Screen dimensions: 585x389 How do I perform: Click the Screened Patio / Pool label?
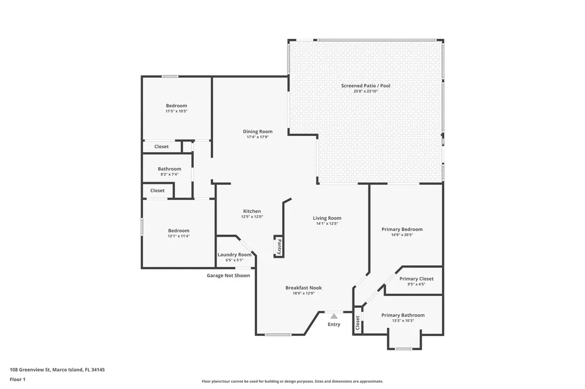tap(366, 86)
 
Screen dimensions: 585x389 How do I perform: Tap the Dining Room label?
tap(258, 131)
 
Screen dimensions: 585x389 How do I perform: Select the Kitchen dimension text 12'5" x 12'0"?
tap(252, 217)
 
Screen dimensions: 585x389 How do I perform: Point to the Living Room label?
tap(327, 218)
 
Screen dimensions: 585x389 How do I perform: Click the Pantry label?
tap(279, 246)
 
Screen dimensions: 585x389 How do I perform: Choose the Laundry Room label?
tap(235, 255)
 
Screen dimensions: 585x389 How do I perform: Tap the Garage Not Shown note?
tap(229, 275)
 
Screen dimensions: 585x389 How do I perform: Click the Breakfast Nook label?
tap(304, 287)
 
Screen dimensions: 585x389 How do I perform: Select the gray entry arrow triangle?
tap(334, 317)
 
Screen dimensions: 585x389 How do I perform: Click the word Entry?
tap(334, 325)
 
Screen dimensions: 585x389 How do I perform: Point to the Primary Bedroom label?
tap(402, 229)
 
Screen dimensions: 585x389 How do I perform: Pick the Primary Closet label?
tap(416, 279)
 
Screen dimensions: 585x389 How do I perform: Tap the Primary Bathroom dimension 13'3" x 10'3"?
tap(403, 321)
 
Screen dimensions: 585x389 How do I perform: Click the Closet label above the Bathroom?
tap(162, 147)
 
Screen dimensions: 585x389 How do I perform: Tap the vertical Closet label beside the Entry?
tap(358, 323)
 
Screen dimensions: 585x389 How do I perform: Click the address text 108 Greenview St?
tap(30, 370)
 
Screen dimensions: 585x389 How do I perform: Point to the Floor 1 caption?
tap(18, 380)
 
